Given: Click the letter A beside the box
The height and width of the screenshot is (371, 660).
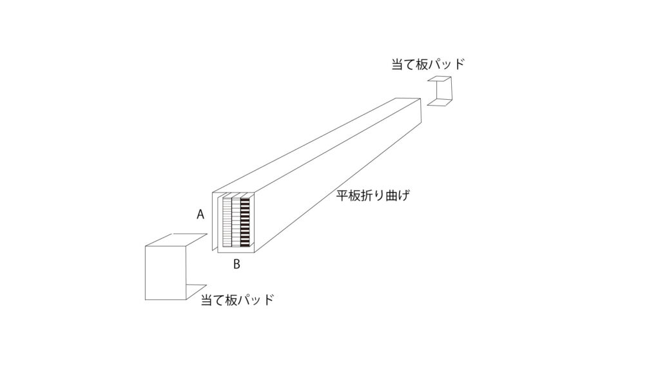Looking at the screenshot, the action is point(200,214).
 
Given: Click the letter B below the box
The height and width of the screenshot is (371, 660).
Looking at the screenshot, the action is point(237,264).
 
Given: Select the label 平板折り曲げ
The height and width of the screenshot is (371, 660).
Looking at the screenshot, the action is point(373,196).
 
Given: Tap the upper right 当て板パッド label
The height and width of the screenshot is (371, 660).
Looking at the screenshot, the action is point(428,64).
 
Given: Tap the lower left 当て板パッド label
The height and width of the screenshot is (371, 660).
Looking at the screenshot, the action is point(237,300).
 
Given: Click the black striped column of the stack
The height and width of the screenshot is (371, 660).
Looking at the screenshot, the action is point(245,222).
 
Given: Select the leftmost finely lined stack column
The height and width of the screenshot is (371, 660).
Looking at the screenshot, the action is point(227,222).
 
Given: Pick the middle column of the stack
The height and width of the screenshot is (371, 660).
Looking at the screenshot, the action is point(236,222).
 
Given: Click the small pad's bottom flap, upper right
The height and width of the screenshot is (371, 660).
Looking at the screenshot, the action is point(440,102).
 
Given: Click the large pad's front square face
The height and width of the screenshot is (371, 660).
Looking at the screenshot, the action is point(166,273).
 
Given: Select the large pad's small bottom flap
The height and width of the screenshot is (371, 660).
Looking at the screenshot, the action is point(196,291).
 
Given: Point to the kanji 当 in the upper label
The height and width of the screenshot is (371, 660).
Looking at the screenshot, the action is point(398,64).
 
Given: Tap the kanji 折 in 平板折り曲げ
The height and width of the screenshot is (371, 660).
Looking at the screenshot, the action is point(367,196).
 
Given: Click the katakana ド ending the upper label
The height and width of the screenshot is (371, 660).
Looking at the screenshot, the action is point(459,64).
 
